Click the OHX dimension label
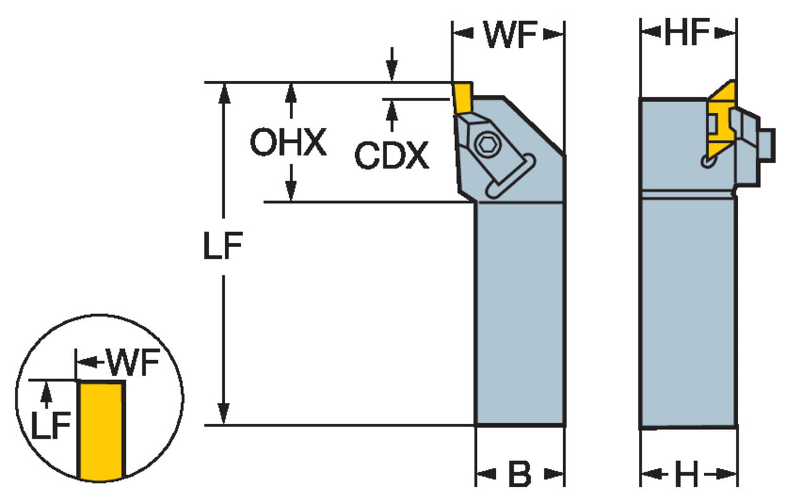coord(288,143)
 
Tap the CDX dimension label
coord(391,156)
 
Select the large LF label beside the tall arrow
coord(223,246)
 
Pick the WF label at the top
coord(510,35)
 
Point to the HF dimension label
coord(687,33)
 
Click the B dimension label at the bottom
coord(519,475)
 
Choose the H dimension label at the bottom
coord(686,475)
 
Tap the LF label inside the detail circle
coord(50,425)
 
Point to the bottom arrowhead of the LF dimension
coord(224,414)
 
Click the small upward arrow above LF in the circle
coord(47,391)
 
